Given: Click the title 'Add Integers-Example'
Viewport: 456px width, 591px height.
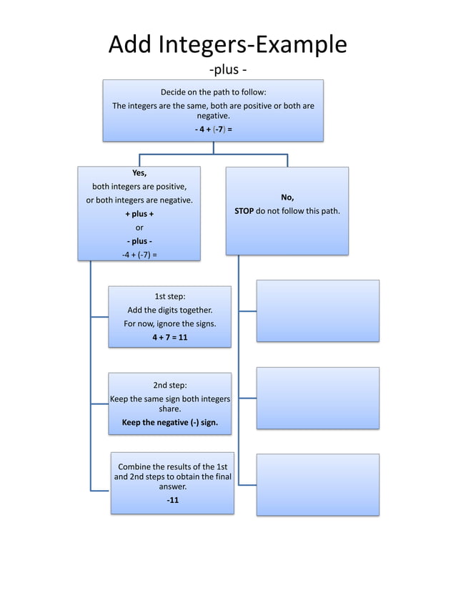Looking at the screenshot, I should coord(227,44).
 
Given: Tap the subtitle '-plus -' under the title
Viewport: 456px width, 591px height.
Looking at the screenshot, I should coord(228,70).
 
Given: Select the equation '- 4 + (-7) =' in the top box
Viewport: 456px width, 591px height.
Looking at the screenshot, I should coord(213,130).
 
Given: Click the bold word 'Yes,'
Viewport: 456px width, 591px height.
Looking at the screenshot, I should coord(139,173).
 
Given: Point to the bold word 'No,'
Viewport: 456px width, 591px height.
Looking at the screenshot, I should coord(287,197).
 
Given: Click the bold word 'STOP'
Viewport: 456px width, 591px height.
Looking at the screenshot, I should coord(244,211).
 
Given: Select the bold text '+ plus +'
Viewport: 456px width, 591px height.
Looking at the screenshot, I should coord(139,214).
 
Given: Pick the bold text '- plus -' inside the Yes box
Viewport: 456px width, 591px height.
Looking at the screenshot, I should coord(139,241).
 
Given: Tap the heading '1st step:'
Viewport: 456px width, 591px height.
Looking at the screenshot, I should coord(169,296).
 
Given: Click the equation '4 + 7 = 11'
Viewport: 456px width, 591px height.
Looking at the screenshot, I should coord(169,337).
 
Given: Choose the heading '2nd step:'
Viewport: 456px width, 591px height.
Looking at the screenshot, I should coord(169,385).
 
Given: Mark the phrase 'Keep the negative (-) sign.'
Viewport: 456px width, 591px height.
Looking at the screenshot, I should coord(169,422).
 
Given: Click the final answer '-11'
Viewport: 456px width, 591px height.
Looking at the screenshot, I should coord(172,500).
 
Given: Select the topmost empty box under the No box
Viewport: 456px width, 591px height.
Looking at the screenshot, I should coord(317,311).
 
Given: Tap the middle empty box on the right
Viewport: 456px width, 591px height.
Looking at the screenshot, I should coord(317,398).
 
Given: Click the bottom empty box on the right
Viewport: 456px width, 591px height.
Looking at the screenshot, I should coord(317,484).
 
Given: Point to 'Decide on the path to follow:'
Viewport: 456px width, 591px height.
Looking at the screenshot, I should coord(213,92).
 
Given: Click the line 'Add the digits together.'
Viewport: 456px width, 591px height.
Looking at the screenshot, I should coord(169,310).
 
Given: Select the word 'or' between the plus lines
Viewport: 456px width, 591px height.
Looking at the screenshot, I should coord(139,228).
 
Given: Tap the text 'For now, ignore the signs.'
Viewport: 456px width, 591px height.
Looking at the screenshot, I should coord(169,323).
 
